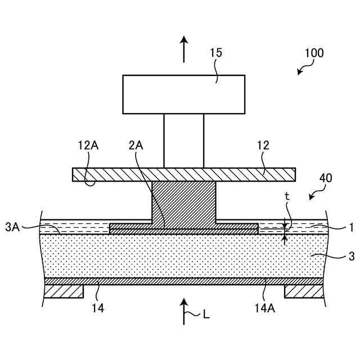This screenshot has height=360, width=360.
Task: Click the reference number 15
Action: coord(216,53)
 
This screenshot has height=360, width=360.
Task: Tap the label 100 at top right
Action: coord(314,53)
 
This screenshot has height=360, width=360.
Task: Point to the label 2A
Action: coord(136,145)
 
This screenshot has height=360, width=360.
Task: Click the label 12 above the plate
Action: coord(263,145)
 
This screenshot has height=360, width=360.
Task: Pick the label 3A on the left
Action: coord(12,227)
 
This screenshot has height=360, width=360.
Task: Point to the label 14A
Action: coord(263,308)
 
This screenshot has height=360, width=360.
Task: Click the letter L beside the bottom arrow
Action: coord(206,315)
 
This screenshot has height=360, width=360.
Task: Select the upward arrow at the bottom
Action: coord(184,311)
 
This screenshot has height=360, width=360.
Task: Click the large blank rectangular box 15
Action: coord(183,94)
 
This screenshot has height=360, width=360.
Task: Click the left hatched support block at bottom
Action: coord(64,291)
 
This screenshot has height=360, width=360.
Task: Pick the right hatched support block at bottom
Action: coord(304,291)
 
